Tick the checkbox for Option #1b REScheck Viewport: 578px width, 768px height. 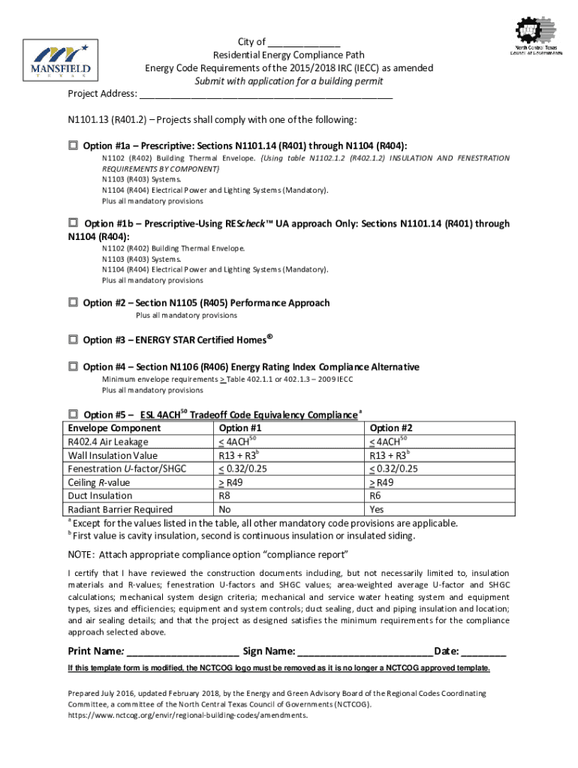pyautogui.click(x=74, y=223)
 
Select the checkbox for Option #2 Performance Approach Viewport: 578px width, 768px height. pyautogui.click(x=74, y=302)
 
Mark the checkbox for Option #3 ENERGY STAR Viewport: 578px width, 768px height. pyautogui.click(x=74, y=339)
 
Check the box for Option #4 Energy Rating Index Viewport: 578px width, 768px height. pyautogui.click(x=74, y=367)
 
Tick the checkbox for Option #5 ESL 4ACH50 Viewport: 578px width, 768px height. pyautogui.click(x=74, y=413)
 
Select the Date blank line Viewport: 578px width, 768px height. pyautogui.click(x=484, y=652)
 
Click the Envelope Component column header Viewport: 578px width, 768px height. pyautogui.click(x=114, y=428)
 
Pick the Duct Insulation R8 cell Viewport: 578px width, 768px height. pyautogui.click(x=224, y=496)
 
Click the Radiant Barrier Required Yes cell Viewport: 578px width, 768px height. pyautogui.click(x=378, y=509)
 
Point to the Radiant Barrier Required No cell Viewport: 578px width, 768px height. pyautogui.click(x=224, y=509)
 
